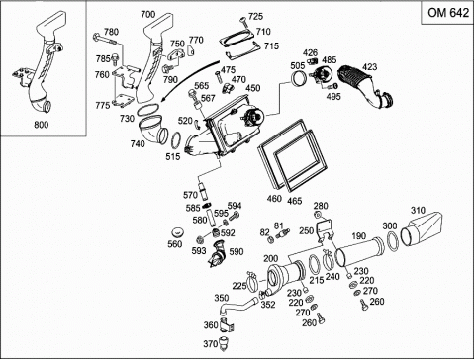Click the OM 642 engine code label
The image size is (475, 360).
click(448, 13)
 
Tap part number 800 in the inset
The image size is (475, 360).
click(42, 125)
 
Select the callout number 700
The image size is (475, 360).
click(147, 14)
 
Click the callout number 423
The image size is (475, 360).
click(369, 67)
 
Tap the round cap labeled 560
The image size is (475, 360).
click(179, 232)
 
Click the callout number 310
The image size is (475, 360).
click(418, 210)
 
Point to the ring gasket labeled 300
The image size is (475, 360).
click(392, 240)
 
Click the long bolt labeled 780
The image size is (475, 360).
click(104, 39)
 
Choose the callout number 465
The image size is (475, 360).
click(295, 200)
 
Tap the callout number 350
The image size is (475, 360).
click(222, 298)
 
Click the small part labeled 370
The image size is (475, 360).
click(225, 342)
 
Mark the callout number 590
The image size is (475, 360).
click(237, 252)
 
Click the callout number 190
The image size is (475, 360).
click(358, 236)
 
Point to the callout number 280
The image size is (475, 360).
click(321, 206)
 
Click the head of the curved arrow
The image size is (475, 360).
click(163, 100)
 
